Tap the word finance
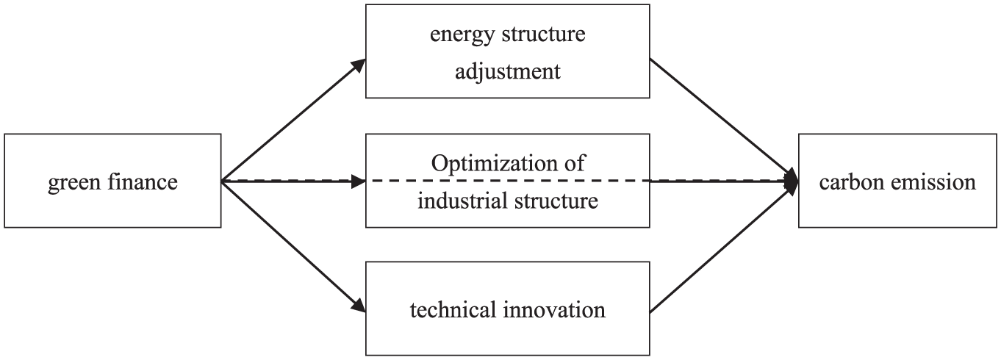(x=142, y=181)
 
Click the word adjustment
(x=508, y=71)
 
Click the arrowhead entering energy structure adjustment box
(x=359, y=65)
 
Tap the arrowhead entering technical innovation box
(x=359, y=305)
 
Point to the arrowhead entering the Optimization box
(x=359, y=181)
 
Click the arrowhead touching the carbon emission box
(x=792, y=181)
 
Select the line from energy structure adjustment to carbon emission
(x=724, y=120)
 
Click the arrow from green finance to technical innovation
(x=293, y=246)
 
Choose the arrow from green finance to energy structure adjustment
(x=293, y=120)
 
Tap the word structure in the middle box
(x=556, y=200)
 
